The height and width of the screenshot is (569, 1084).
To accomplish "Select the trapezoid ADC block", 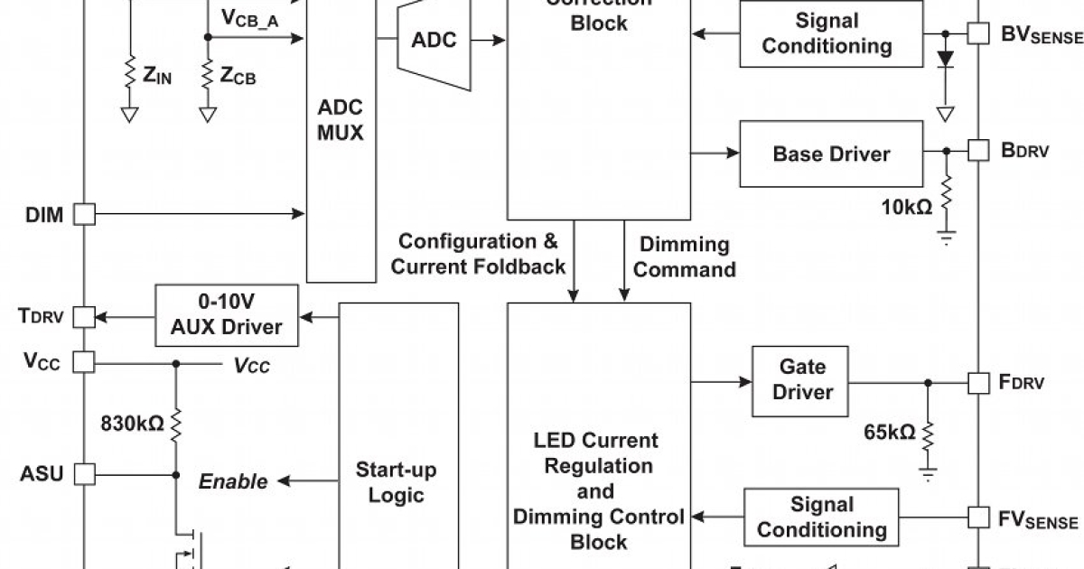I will (435, 41).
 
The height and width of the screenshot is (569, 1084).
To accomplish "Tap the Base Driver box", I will (830, 154).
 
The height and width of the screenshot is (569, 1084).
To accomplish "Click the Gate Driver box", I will (802, 380).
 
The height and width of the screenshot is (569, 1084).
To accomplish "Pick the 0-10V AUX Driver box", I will (226, 314).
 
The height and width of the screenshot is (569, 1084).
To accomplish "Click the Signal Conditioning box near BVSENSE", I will (831, 33).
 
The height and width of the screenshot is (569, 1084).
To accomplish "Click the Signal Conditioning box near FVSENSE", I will (821, 517).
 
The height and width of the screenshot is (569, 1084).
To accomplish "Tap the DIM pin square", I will (83, 214).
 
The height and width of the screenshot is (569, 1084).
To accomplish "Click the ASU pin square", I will (83, 473).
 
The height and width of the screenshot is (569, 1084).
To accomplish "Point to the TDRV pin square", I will (83, 316).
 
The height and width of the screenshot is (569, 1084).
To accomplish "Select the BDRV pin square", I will (978, 151).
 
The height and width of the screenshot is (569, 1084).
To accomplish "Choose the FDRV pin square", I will (978, 382).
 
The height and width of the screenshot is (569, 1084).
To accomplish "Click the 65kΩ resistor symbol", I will (927, 434).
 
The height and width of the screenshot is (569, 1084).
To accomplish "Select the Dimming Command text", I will (684, 257).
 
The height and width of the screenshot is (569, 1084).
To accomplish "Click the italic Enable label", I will (233, 481).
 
